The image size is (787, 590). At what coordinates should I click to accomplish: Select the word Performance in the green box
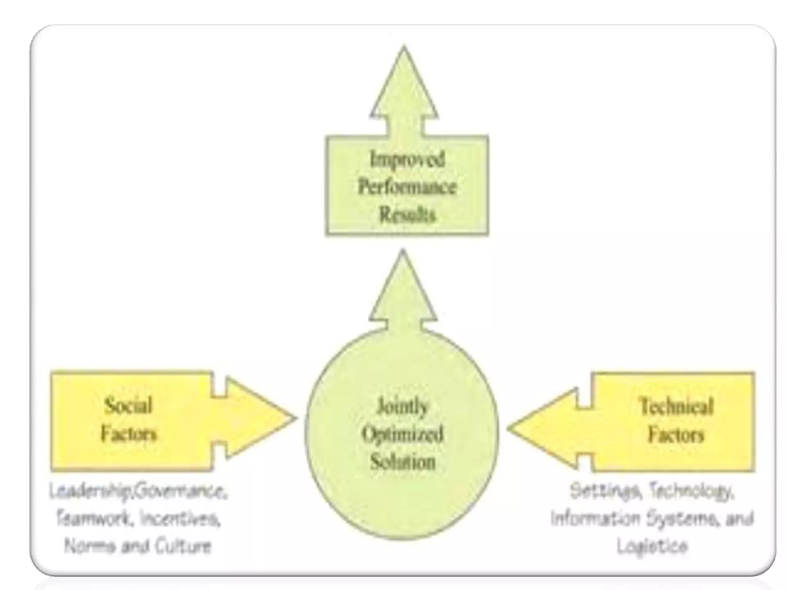pyautogui.click(x=407, y=187)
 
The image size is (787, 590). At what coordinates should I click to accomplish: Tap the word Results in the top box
pyautogui.click(x=407, y=215)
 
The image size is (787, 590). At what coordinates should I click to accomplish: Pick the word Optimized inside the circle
pyautogui.click(x=402, y=434)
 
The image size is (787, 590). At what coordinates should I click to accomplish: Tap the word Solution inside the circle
pyautogui.click(x=402, y=461)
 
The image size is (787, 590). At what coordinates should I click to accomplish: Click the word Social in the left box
pyautogui.click(x=128, y=406)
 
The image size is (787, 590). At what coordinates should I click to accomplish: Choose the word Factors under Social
pyautogui.click(x=128, y=434)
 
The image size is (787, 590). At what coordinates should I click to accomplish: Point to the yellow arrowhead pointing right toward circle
pyautogui.click(x=257, y=418)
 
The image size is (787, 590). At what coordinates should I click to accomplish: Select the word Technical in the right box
pyautogui.click(x=676, y=407)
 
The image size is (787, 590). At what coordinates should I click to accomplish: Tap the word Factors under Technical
pyautogui.click(x=676, y=435)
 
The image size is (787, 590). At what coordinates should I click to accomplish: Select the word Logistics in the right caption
pyautogui.click(x=652, y=546)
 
